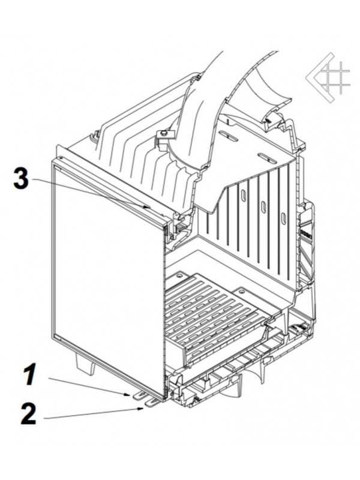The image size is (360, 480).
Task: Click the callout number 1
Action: click(x=31, y=374)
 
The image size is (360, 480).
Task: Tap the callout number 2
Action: click(x=28, y=414)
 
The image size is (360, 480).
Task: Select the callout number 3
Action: click(x=21, y=178)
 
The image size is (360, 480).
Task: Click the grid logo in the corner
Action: click(x=328, y=78)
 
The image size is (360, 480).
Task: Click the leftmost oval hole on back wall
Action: click(x=244, y=196)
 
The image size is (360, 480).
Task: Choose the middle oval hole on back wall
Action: click(x=263, y=208)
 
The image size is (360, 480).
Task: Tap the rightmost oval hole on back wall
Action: click(x=284, y=218)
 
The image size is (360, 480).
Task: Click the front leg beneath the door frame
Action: click(x=84, y=364)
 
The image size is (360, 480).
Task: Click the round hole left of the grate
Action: click(x=179, y=276)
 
